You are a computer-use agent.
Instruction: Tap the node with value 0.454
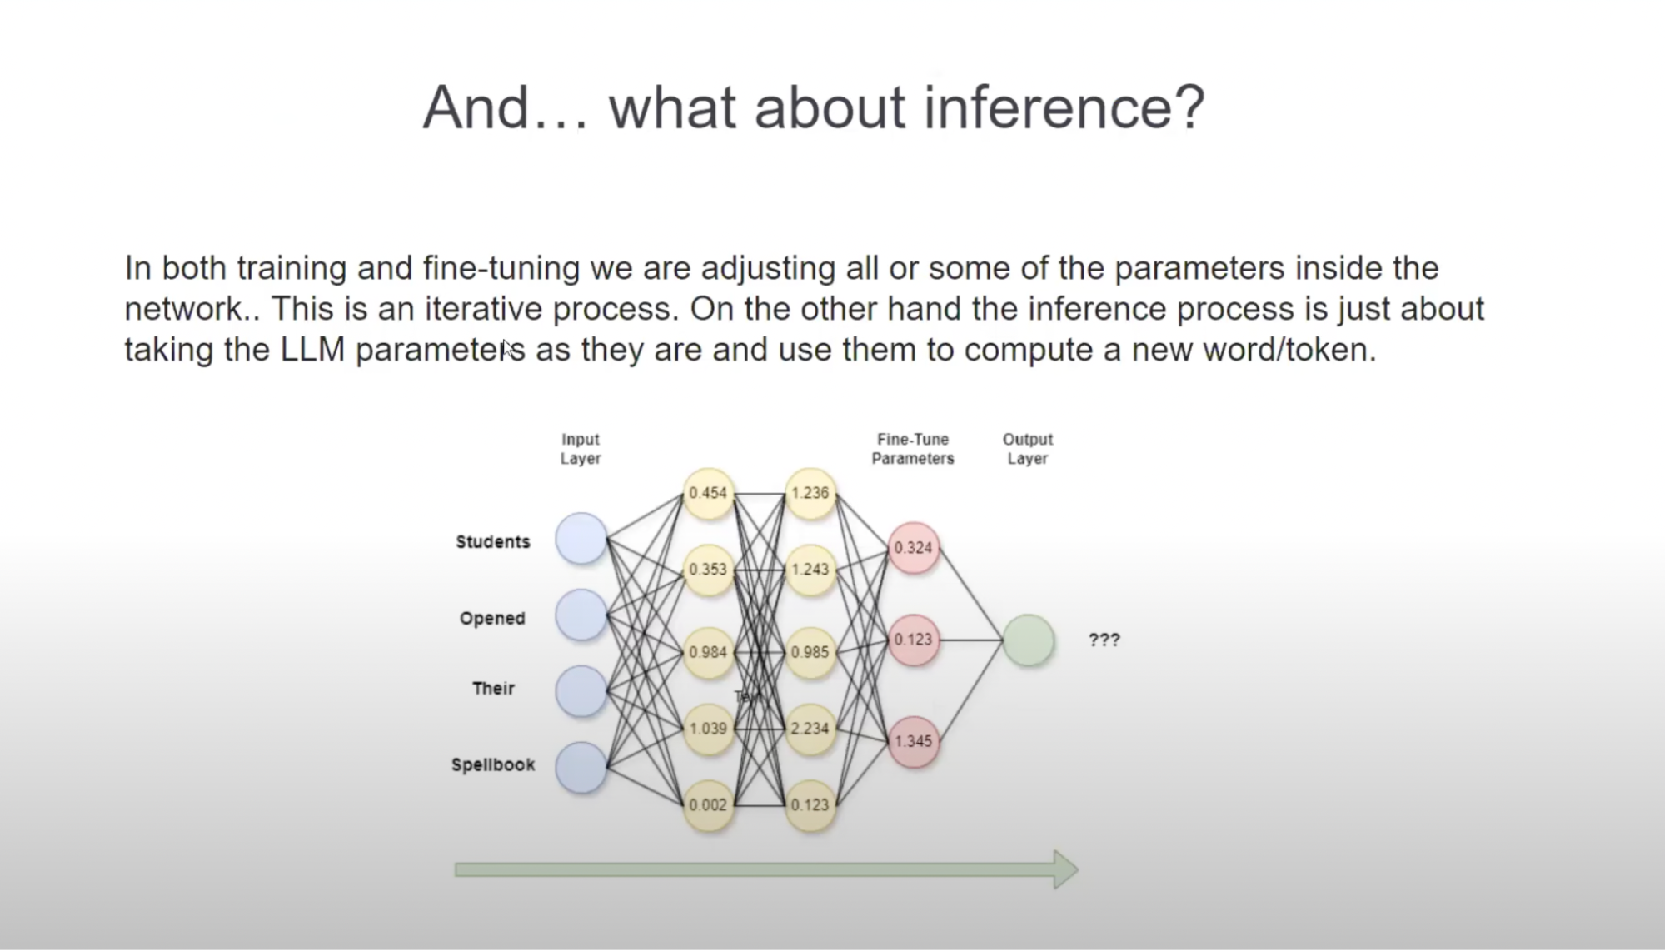pos(708,493)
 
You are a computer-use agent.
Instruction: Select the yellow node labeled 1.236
pos(810,493)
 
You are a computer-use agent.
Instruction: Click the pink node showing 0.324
pos(913,548)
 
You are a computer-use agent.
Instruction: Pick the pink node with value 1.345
pos(913,741)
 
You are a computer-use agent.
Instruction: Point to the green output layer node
pos(1029,640)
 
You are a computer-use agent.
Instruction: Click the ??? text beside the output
pos(1104,640)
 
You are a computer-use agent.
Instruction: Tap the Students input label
pos(492,542)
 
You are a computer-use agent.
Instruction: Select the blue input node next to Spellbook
pos(581,767)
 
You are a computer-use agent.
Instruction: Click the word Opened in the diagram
pos(492,619)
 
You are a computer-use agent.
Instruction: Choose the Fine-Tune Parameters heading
pos(913,449)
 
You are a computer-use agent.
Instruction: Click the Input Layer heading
pos(581,449)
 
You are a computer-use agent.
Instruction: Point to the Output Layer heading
pos(1028,449)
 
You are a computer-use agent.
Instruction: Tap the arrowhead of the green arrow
pos(1066,869)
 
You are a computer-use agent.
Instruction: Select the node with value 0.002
pos(708,805)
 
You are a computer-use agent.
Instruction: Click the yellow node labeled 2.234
pos(810,729)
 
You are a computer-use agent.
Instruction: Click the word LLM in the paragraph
pos(312,350)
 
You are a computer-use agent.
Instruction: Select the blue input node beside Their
pos(581,690)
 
